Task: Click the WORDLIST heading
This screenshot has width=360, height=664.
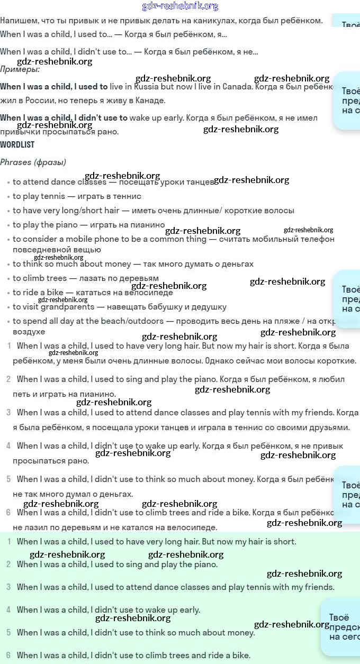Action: tap(17, 144)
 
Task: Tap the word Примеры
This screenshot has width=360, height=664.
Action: tap(20, 69)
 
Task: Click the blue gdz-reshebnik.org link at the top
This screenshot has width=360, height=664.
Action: tap(180, 6)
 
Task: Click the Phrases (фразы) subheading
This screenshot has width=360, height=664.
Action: tap(33, 162)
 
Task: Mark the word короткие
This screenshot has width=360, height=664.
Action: tap(337, 361)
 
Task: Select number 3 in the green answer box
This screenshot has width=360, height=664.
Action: tap(8, 587)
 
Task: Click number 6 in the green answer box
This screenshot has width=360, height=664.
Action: tap(8, 655)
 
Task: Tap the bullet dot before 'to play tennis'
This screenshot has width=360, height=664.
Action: tap(8, 197)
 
